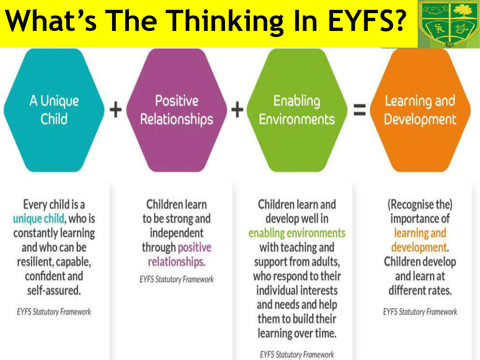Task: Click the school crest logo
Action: (x=449, y=24)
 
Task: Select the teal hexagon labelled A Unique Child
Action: (x=54, y=110)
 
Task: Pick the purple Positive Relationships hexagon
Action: (x=177, y=110)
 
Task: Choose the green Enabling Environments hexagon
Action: (x=297, y=110)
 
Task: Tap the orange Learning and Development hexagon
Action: (x=420, y=110)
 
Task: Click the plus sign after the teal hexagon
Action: (x=116, y=110)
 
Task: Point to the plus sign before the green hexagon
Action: (x=237, y=110)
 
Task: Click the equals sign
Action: (x=360, y=110)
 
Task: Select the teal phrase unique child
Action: (x=38, y=219)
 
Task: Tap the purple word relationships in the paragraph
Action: (x=176, y=262)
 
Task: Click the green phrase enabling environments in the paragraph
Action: (x=297, y=233)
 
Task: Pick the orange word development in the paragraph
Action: (x=419, y=247)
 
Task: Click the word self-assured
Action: (x=54, y=290)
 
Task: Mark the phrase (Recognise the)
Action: (x=420, y=204)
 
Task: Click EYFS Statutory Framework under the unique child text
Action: (x=54, y=312)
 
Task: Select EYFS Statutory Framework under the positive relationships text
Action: (x=177, y=279)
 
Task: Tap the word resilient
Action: (x=35, y=262)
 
